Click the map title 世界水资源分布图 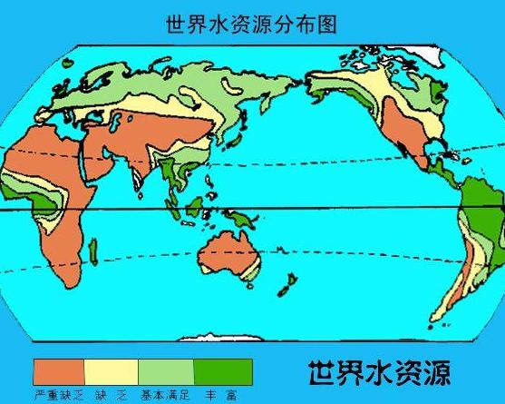[x=251, y=25]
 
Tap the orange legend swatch [x=59, y=370]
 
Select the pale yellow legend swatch [x=112, y=370]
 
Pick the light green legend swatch [x=166, y=370]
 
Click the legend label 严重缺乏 [x=58, y=395]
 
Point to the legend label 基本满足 [x=164, y=395]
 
